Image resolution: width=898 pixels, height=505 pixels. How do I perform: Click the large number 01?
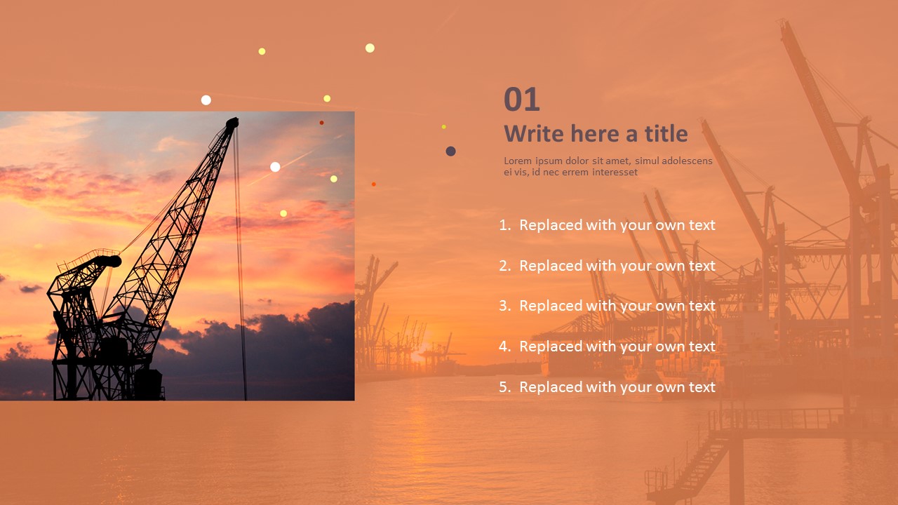522,100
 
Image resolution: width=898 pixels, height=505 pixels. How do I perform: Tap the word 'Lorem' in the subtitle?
516,161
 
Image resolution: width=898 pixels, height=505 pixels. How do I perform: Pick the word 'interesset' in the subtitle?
615,172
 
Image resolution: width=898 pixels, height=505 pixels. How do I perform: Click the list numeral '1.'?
505,225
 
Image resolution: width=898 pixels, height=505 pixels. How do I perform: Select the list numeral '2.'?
505,266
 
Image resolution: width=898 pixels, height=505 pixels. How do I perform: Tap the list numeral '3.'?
505,306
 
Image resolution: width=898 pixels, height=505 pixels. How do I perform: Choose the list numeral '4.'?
505,346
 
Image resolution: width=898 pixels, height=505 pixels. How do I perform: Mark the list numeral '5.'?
505,387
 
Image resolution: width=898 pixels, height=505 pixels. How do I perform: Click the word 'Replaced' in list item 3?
551,306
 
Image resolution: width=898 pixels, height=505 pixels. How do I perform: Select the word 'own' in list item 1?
670,225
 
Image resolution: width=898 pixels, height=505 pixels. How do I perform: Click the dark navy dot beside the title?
450,151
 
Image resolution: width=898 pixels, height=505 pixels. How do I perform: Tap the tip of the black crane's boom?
232,123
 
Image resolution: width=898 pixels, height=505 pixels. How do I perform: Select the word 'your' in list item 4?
636,346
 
